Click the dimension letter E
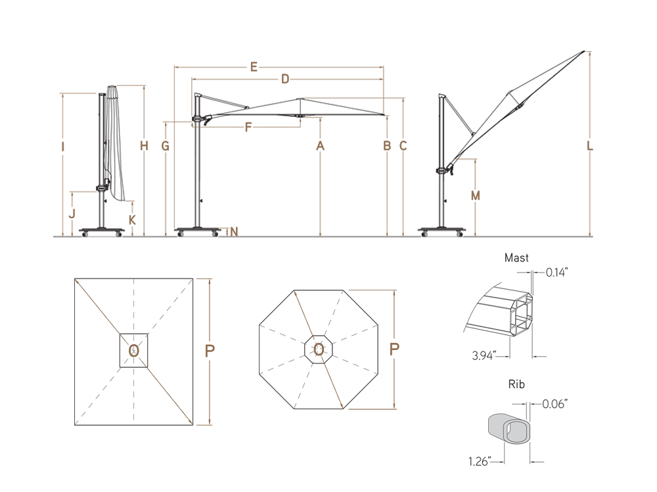coord(253,66)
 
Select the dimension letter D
coord(285,79)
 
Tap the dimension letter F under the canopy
coord(248,127)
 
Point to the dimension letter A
coord(320,146)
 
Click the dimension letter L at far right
coord(590,146)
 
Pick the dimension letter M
coord(475,196)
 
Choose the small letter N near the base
coord(235,231)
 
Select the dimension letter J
coord(72,213)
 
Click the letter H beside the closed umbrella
coord(144,146)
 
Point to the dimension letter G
coord(166,146)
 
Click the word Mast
coord(516,258)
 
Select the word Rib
coord(516,384)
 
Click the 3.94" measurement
coord(484,356)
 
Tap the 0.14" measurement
coord(556,272)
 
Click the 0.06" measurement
coord(555,404)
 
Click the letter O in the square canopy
coord(133,349)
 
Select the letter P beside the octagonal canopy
coord(394,349)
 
